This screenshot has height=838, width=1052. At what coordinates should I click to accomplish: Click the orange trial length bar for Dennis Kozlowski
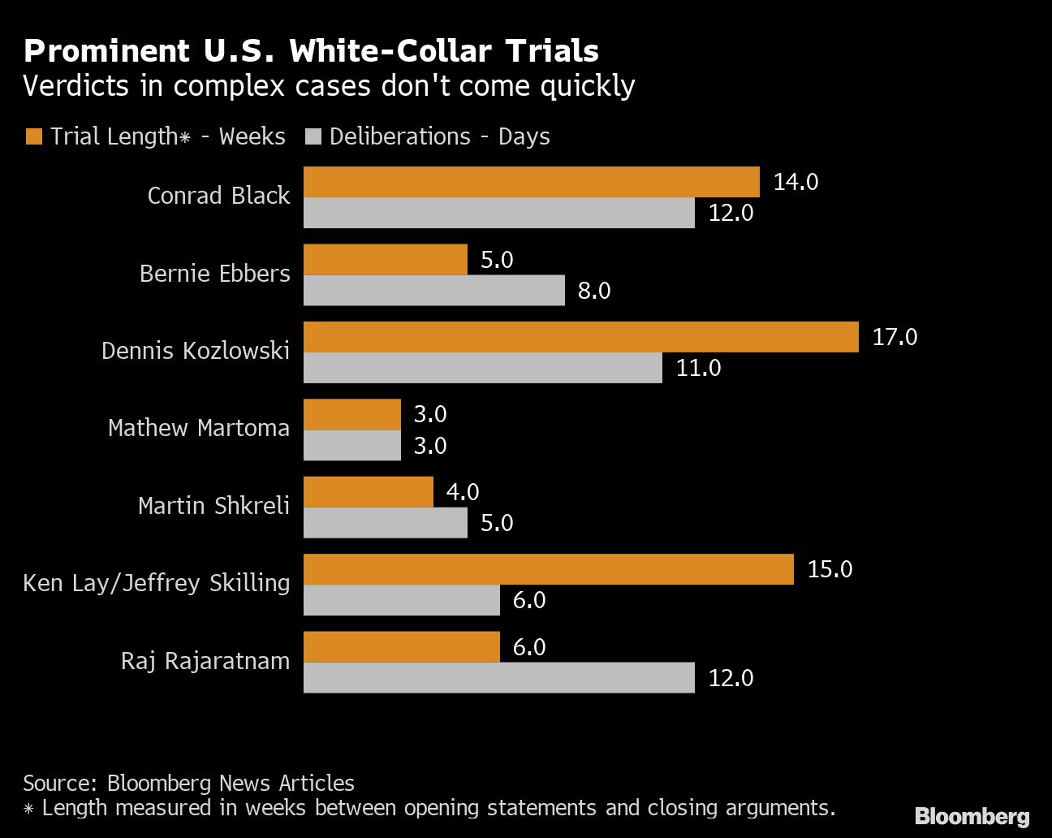580,337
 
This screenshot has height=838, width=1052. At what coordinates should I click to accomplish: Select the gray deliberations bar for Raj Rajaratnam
498,678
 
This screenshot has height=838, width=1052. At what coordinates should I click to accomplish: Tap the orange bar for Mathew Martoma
352,414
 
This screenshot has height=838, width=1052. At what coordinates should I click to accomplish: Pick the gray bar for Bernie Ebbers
433,291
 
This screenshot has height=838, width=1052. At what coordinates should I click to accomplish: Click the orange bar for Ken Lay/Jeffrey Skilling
548,569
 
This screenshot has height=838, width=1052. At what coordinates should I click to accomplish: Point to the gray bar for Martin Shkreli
385,523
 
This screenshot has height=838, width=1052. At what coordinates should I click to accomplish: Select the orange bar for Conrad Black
531,182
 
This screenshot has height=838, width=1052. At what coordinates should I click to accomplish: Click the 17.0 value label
895,337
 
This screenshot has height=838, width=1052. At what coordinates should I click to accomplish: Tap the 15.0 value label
830,569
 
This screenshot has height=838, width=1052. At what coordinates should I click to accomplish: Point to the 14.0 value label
795,182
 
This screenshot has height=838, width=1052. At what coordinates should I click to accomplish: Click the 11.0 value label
698,369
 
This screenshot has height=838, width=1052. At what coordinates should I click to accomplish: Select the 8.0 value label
594,291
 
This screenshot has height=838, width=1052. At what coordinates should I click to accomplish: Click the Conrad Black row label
218,196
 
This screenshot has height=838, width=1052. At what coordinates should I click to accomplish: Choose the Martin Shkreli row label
213,506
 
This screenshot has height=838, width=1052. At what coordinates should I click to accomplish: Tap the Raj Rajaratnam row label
205,661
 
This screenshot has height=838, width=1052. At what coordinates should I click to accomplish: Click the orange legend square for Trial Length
34,136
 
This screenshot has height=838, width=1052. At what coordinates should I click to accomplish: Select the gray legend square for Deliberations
313,136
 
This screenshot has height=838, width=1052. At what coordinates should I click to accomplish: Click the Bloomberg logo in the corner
972,816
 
